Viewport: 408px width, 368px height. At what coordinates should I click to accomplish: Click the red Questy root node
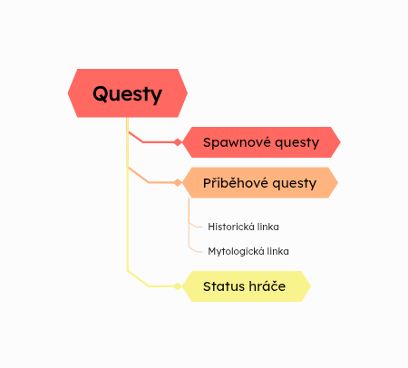click(x=128, y=93)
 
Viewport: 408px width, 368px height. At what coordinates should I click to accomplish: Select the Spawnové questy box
click(x=261, y=142)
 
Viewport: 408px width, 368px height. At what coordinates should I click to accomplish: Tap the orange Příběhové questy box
click(x=260, y=182)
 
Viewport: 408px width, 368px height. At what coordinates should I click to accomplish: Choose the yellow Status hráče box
click(x=247, y=286)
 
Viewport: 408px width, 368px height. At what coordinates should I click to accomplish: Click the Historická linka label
click(x=243, y=227)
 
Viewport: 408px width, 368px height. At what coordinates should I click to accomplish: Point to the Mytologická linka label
click(x=248, y=251)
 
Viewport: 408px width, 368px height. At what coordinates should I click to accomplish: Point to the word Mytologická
click(x=236, y=251)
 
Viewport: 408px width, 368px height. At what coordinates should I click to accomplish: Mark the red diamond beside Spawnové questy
click(x=178, y=142)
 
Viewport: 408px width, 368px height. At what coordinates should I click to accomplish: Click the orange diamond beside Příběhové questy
click(x=178, y=182)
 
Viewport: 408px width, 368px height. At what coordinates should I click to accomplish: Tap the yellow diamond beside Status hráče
click(x=178, y=286)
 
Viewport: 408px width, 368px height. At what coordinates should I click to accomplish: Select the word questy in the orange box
click(x=295, y=184)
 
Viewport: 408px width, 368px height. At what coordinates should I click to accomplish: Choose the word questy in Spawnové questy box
click(x=297, y=143)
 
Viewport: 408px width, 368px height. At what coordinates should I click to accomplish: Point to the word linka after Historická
click(x=270, y=227)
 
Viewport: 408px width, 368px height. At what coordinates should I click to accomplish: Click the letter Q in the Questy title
click(x=100, y=93)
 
